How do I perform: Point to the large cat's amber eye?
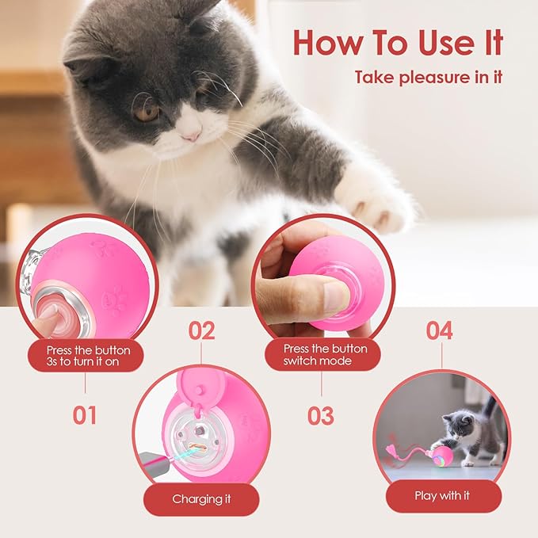[146, 113]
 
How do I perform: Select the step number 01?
[85, 414]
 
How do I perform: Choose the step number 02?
[201, 330]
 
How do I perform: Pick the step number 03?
[321, 415]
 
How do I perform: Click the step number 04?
[440, 330]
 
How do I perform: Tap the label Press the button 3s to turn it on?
[85, 355]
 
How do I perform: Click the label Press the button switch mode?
[322, 355]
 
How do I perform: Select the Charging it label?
[201, 499]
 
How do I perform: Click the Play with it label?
[442, 496]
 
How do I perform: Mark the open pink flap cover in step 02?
[200, 380]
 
